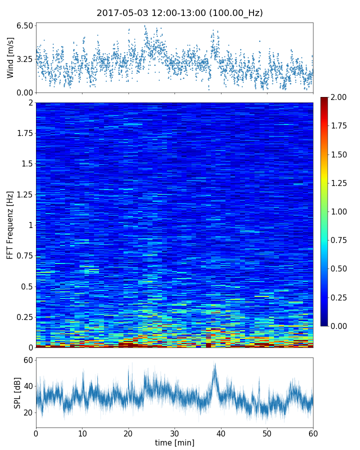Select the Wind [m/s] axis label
point(10,58)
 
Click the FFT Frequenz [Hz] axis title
point(10,224)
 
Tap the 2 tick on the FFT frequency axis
point(30,103)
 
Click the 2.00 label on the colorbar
point(339,97)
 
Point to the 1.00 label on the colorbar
point(339,211)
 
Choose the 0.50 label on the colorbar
point(339,269)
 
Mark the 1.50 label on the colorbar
point(339,154)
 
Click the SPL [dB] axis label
point(17,392)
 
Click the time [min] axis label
point(174,442)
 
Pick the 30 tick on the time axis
point(174,432)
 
